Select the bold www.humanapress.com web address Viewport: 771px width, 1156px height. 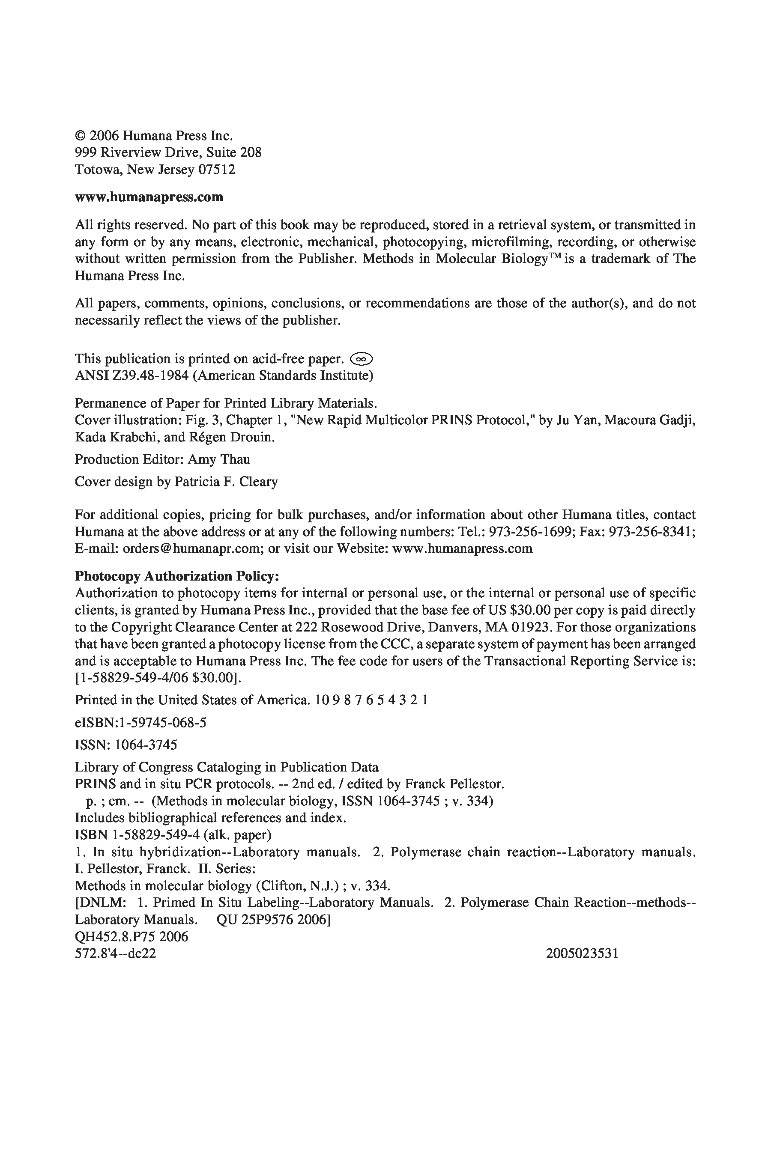(149, 197)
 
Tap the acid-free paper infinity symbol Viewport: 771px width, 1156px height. (362, 359)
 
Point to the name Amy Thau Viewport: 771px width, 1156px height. (219, 459)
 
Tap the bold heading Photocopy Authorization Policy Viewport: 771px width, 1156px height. (176, 575)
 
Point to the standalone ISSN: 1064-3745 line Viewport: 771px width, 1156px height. (126, 745)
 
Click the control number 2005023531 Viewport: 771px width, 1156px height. (582, 953)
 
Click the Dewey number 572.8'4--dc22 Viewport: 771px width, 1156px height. (115, 953)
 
